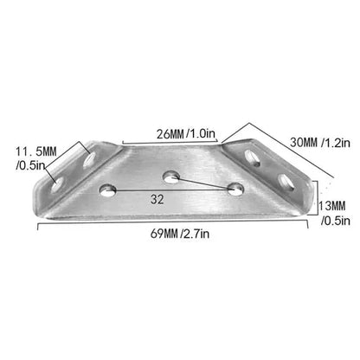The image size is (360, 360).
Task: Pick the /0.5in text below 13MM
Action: coord(335,221)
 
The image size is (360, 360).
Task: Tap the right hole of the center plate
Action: coord(235,188)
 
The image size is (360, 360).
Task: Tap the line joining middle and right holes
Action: coord(204,183)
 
